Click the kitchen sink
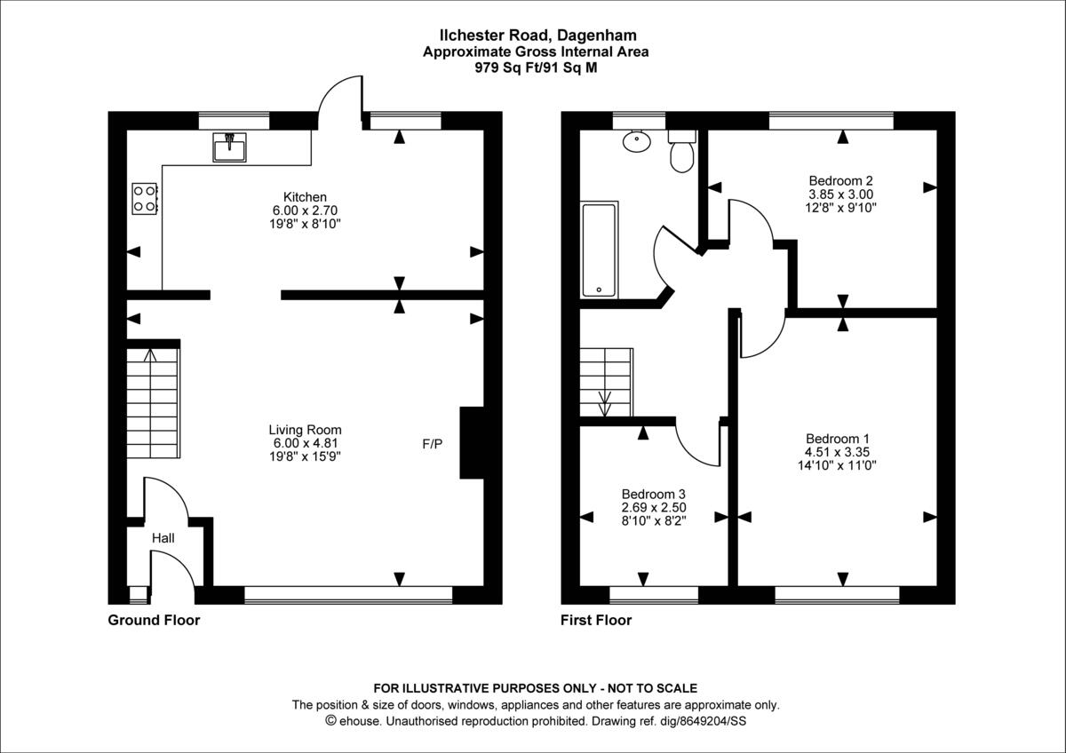[230, 147]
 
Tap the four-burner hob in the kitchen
[145, 198]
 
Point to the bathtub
[600, 250]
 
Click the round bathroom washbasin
[636, 140]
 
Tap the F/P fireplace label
[433, 443]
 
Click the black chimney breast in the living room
[472, 443]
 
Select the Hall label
[163, 538]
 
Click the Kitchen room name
[305, 196]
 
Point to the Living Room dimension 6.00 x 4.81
[306, 443]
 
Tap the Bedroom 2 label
[840, 180]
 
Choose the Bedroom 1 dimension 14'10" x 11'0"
[837, 464]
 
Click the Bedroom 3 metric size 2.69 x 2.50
[653, 507]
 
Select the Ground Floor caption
[154, 621]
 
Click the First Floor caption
[596, 621]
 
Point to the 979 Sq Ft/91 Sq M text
[535, 67]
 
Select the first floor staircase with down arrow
[606, 382]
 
